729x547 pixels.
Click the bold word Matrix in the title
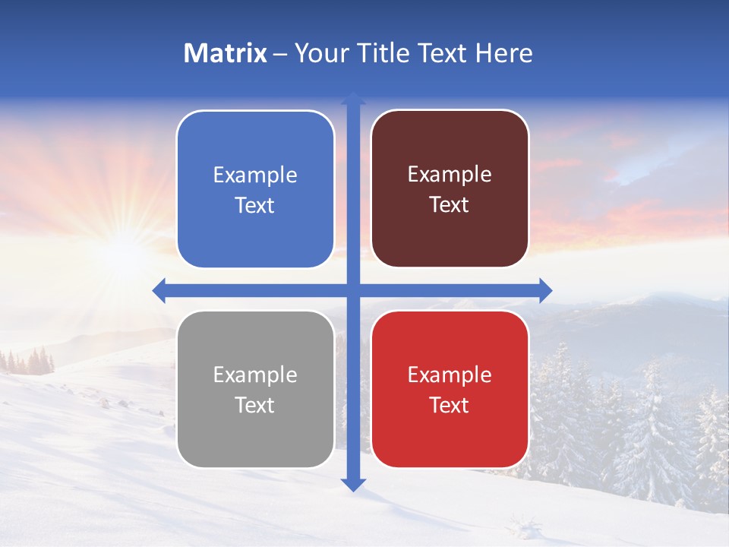(x=225, y=53)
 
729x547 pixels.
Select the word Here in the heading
(x=503, y=53)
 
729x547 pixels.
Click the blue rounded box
(x=255, y=189)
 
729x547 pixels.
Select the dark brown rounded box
(x=450, y=189)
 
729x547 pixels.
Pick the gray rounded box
(x=255, y=389)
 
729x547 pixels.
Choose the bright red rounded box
(x=450, y=389)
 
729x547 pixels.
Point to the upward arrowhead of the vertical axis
(x=353, y=99)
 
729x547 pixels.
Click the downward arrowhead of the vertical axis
(x=353, y=484)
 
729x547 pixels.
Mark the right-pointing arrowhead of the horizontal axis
(x=544, y=290)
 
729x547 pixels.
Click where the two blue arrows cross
(x=353, y=290)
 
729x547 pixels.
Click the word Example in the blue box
(x=255, y=175)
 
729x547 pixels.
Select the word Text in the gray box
(x=255, y=406)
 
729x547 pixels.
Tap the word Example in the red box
(x=450, y=375)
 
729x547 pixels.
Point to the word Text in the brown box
(x=450, y=205)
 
